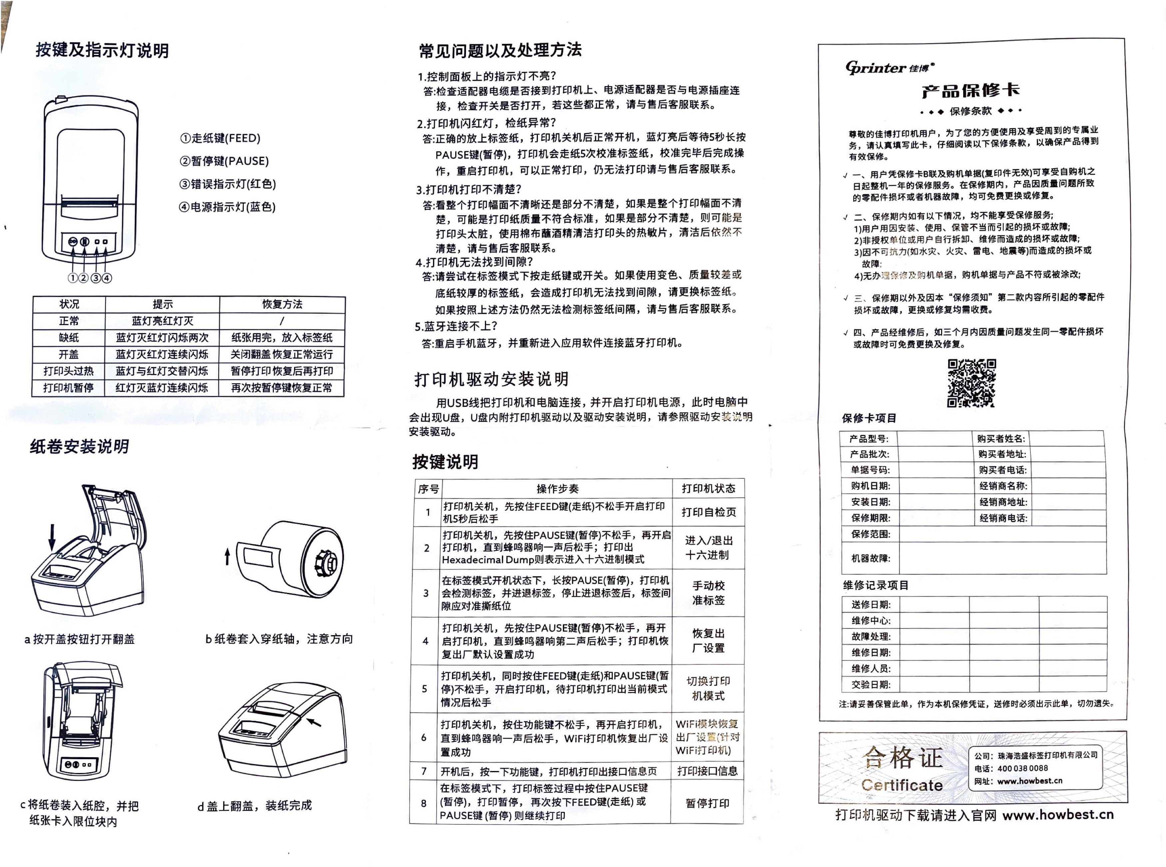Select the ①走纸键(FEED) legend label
tap(220, 138)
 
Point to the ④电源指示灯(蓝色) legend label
tap(227, 207)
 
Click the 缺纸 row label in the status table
tap(69, 337)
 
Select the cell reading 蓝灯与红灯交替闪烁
tap(162, 371)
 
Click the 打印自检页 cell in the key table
tap(708, 512)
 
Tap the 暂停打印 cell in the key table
tap(707, 803)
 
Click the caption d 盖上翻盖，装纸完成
tap(255, 805)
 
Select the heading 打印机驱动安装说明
tap(492, 379)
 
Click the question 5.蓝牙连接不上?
tap(456, 326)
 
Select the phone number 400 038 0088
tap(1022, 768)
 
